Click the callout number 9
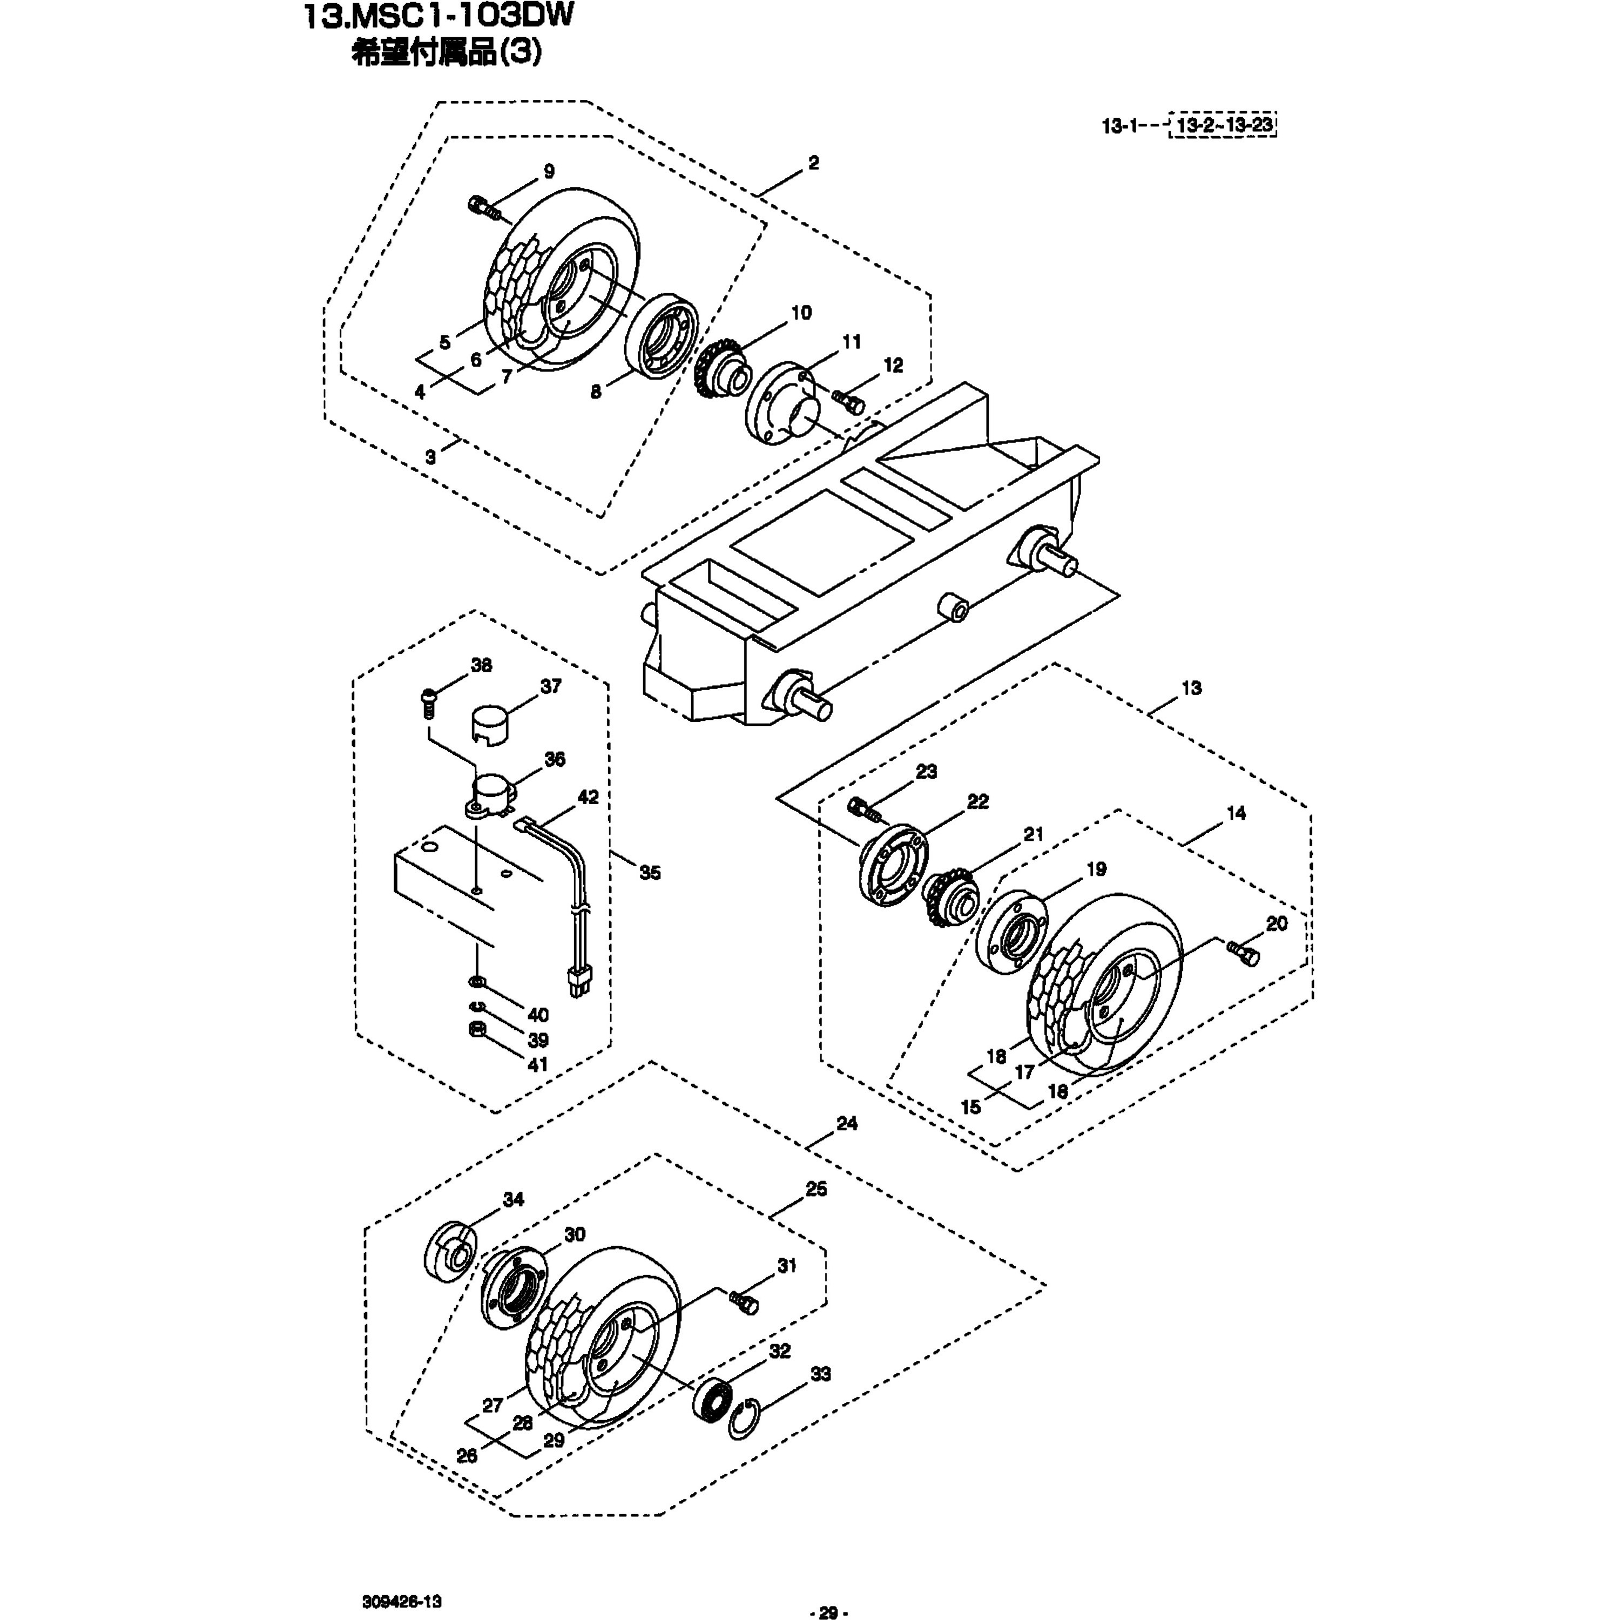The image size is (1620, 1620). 549,172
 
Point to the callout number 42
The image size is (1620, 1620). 589,798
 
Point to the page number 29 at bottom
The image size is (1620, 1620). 828,1611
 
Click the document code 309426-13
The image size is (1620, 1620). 402,1578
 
